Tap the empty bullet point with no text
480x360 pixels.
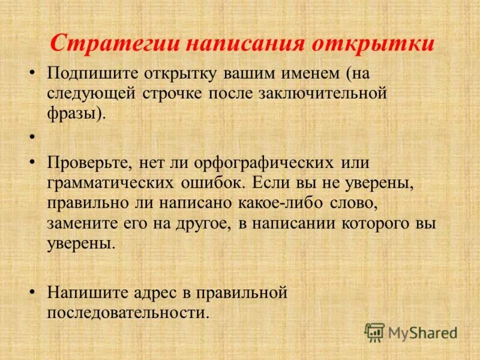coord(31,137)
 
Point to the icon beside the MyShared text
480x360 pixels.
coord(374,332)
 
